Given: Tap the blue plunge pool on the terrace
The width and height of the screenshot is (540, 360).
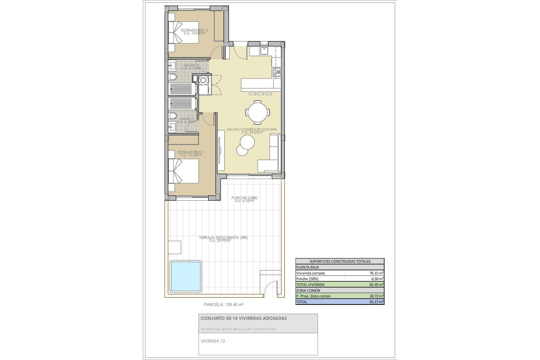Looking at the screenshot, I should (x=186, y=276).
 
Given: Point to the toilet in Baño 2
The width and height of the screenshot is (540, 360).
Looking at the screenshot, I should (x=172, y=77).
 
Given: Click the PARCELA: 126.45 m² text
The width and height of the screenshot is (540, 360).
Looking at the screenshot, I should (x=224, y=304).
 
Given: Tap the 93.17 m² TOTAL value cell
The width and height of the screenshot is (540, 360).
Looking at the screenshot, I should (x=377, y=302).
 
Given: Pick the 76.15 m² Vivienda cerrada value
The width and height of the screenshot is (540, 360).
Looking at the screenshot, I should (x=377, y=273).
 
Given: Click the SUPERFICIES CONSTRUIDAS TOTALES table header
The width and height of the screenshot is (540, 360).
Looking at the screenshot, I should (x=340, y=261).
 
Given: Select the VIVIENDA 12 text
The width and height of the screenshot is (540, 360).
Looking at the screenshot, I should (x=213, y=341).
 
